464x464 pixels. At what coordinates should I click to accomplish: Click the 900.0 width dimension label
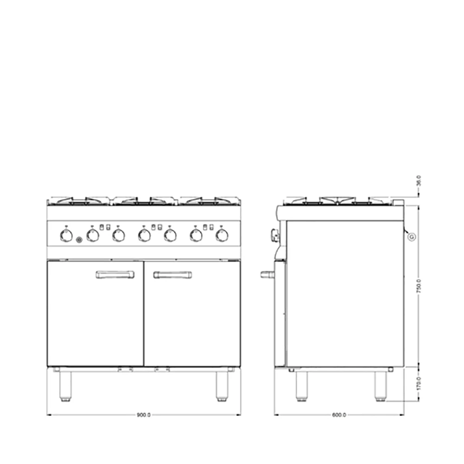[143, 415]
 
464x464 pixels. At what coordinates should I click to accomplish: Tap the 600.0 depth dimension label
[339, 415]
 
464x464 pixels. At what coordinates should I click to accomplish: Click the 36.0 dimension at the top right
[419, 180]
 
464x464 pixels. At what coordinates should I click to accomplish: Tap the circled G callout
[411, 237]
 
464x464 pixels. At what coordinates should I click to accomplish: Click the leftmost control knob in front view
[67, 236]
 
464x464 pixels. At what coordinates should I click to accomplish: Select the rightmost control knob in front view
[223, 236]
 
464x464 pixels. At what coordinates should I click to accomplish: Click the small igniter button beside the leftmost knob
[79, 240]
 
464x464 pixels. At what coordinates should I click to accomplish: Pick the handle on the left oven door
[115, 275]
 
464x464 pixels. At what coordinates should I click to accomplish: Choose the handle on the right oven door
[173, 275]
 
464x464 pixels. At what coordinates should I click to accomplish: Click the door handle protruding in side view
[267, 274]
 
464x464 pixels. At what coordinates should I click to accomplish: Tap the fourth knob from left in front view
[145, 236]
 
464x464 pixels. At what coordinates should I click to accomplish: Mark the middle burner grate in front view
[143, 200]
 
